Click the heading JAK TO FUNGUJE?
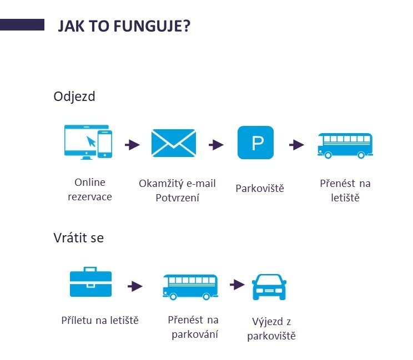tap(124, 26)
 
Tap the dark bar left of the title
tap(22, 25)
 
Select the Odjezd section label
tap(74, 97)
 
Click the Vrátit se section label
tap(78, 237)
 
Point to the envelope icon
tap(174, 143)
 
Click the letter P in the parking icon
tap(258, 143)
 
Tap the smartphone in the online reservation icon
tap(105, 144)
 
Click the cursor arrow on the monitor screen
tap(91, 141)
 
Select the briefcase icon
tap(90, 282)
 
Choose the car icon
tap(269, 287)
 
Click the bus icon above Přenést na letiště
tap(345, 145)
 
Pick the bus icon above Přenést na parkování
tap(190, 287)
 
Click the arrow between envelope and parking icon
tap(216, 145)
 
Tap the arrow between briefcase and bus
tap(135, 286)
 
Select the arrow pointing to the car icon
tap(238, 285)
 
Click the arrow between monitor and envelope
tap(132, 145)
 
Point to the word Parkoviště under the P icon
tap(260, 189)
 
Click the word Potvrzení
tap(177, 198)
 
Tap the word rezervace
tap(90, 197)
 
